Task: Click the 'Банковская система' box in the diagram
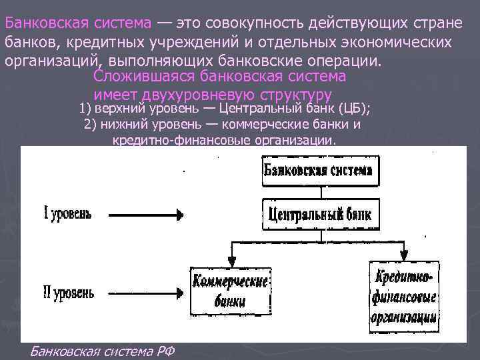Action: (x=318, y=170)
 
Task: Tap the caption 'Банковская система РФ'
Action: (x=102, y=351)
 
